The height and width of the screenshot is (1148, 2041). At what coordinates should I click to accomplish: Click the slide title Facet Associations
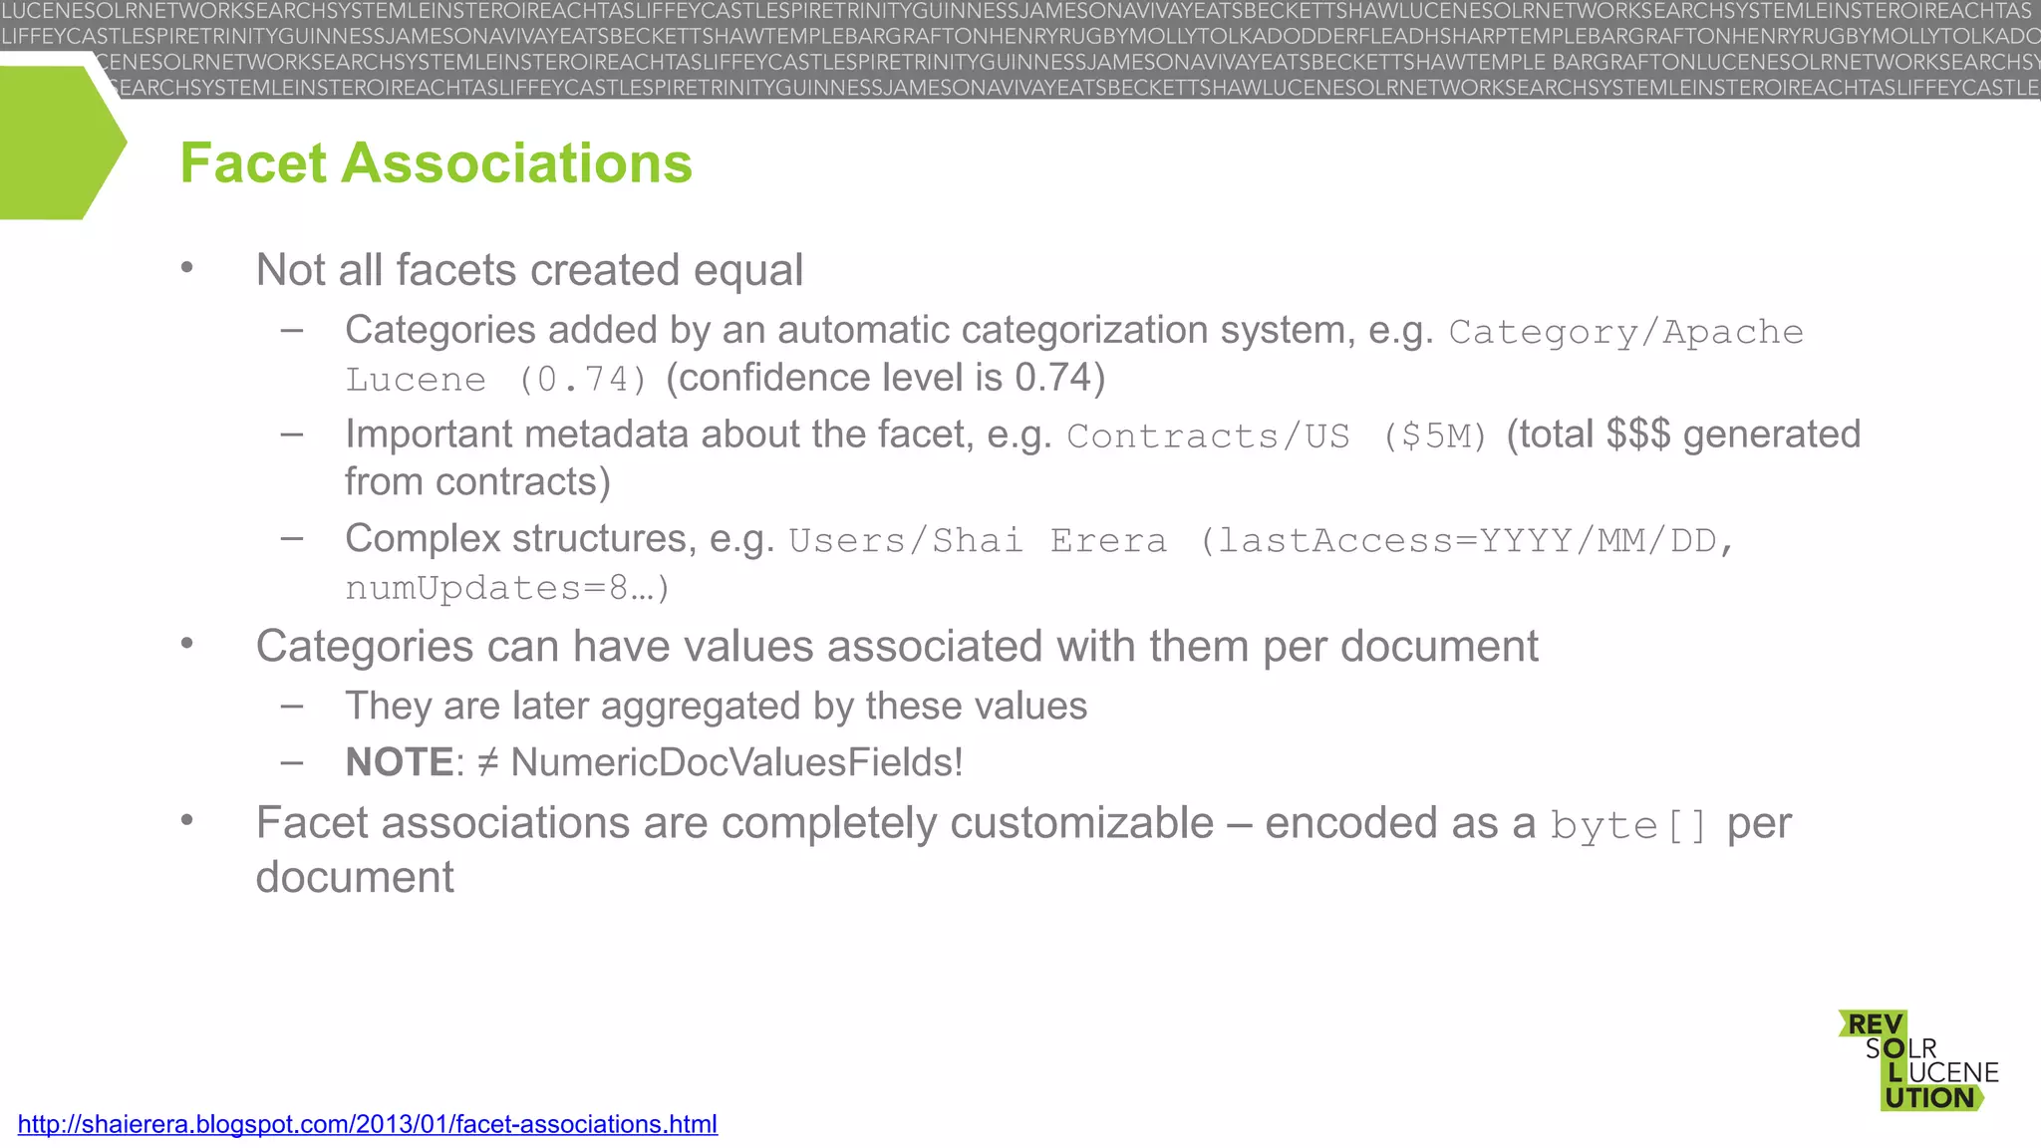pyautogui.click(x=436, y=163)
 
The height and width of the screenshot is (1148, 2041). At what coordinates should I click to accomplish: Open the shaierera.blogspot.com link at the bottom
pyautogui.click(x=367, y=1124)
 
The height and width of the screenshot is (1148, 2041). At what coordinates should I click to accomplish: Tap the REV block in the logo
pyautogui.click(x=1875, y=1024)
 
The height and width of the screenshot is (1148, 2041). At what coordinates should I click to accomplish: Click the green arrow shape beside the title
pyautogui.click(x=60, y=143)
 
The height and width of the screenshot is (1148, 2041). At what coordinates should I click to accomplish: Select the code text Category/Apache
pyautogui.click(x=1625, y=332)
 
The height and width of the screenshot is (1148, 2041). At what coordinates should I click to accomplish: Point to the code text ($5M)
pyautogui.click(x=1434, y=436)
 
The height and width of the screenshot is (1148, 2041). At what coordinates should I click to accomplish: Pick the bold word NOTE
pyautogui.click(x=400, y=762)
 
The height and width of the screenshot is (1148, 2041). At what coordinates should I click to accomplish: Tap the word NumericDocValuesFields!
pyautogui.click(x=736, y=762)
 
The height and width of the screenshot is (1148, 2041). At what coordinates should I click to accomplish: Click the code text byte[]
pyautogui.click(x=1628, y=826)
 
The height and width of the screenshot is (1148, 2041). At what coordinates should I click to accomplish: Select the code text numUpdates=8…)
pyautogui.click(x=507, y=588)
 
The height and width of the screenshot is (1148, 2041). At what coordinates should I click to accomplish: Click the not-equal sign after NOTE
pyautogui.click(x=487, y=762)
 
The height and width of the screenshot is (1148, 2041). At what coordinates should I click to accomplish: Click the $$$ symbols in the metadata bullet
pyautogui.click(x=1637, y=434)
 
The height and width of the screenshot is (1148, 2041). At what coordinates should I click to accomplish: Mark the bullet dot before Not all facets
pyautogui.click(x=186, y=267)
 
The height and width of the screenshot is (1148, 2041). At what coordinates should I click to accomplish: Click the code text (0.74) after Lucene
pyautogui.click(x=583, y=380)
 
